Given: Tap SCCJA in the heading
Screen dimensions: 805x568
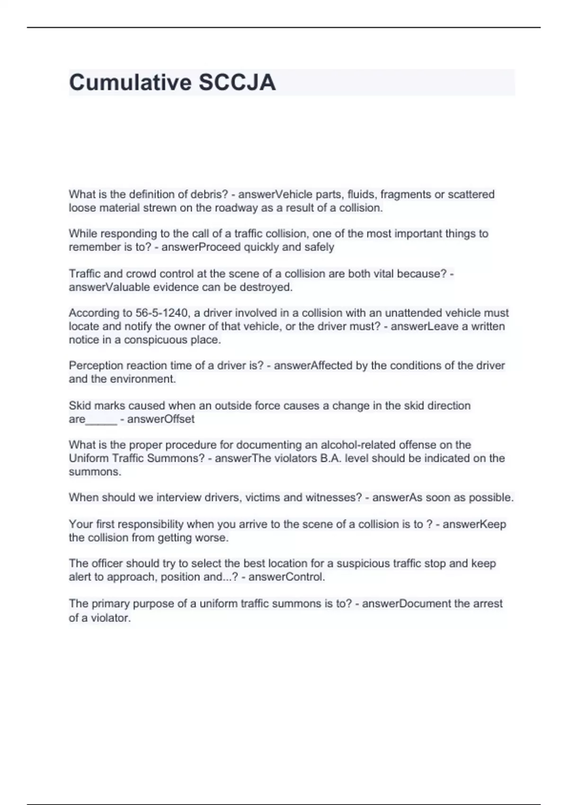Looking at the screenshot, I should (237, 82).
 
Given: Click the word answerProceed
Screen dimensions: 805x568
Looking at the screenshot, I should (201, 247).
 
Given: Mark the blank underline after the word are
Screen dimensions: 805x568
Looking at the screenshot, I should (101, 420).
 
